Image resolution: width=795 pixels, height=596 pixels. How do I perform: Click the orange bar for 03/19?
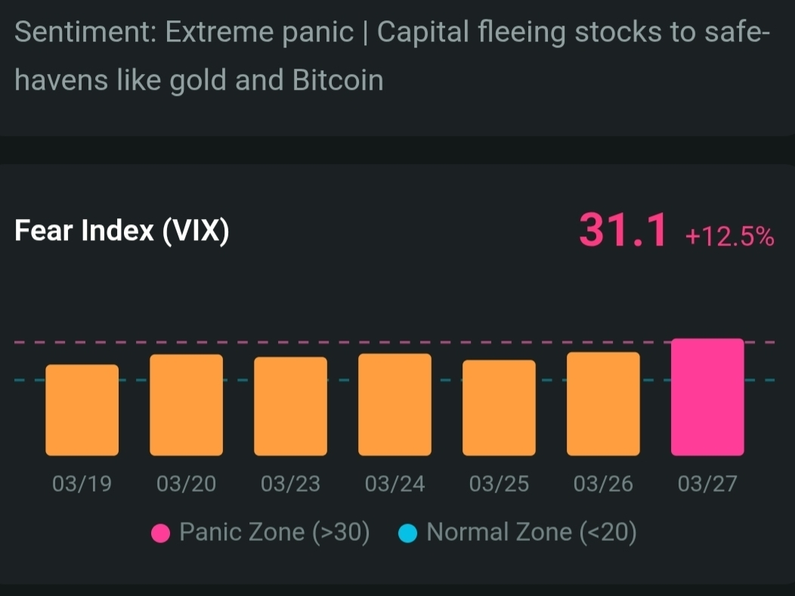coord(82,410)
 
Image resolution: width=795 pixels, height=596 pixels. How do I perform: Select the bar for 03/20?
coord(186,405)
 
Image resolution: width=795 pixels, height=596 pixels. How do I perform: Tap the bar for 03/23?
coord(290,406)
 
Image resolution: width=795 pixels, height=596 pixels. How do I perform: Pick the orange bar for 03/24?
coord(394,405)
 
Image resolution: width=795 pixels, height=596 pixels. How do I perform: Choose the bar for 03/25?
coord(499,408)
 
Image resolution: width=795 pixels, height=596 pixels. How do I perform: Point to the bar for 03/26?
coord(603,404)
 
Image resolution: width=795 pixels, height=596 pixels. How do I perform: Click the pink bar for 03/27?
coord(707,397)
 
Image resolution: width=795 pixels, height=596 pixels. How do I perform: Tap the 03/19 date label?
coord(82,483)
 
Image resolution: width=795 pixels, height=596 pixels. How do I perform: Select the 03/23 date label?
coord(290,483)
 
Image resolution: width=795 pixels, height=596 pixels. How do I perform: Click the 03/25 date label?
coord(499,483)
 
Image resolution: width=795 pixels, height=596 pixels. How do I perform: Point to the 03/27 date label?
coord(707,483)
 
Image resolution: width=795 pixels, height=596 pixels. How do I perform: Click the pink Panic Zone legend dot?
coord(160,533)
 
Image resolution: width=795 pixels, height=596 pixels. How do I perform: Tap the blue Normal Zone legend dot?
coord(408,533)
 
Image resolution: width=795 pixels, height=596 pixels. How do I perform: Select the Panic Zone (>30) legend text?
coord(274,533)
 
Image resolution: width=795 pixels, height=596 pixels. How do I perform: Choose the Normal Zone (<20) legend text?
coord(531,533)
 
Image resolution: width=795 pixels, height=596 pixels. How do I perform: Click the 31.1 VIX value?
coord(623,230)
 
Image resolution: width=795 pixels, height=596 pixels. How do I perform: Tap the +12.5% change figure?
coord(729,237)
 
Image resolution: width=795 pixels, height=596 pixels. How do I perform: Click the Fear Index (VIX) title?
coord(122,231)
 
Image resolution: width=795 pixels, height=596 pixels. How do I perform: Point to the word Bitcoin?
coord(338,80)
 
